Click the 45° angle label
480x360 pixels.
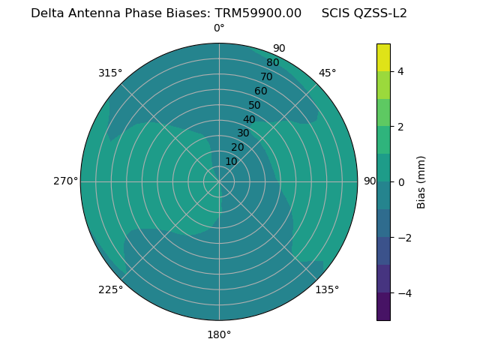(327, 73)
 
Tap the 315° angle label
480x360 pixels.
(110, 73)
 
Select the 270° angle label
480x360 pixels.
(66, 181)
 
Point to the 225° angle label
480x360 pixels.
(110, 289)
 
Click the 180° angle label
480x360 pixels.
(219, 334)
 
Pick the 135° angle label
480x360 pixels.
(327, 289)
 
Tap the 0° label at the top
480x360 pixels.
(219, 28)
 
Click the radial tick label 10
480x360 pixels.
(231, 161)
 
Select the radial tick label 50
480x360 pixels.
(255, 105)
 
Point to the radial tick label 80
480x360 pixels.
(273, 63)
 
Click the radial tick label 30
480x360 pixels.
(243, 133)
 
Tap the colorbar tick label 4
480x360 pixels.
(401, 71)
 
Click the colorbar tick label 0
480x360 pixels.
(401, 182)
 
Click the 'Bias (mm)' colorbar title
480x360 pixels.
(421, 182)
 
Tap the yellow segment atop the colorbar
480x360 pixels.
(383, 57)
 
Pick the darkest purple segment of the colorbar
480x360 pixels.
(383, 307)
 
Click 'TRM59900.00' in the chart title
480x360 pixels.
(258, 13)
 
